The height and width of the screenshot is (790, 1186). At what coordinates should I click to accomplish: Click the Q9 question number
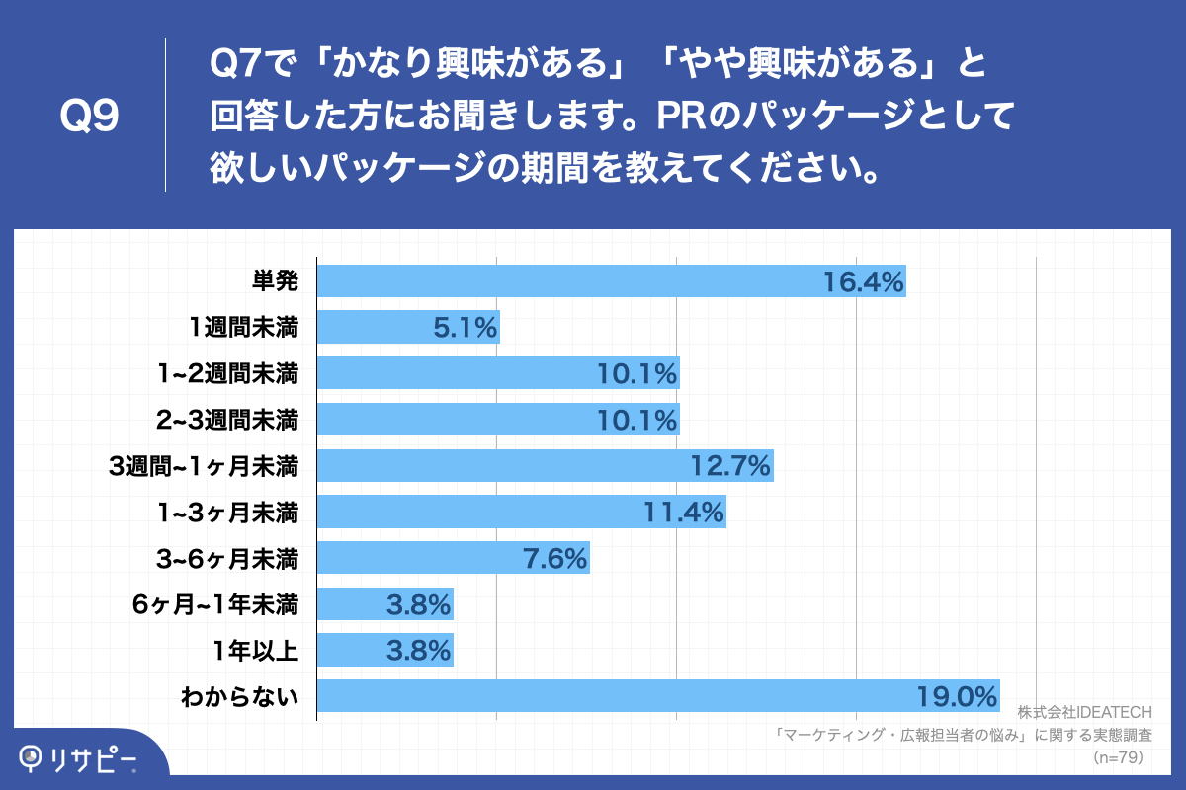click(x=90, y=117)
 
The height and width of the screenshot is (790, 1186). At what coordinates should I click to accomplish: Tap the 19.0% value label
click(x=957, y=697)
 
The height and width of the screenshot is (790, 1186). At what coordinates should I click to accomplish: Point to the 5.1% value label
click(x=465, y=327)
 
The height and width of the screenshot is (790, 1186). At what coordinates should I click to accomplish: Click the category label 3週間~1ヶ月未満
click(x=204, y=466)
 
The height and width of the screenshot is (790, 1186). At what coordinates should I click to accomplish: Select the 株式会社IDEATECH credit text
click(x=1084, y=712)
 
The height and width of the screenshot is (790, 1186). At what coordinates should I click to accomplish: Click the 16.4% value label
click(x=864, y=282)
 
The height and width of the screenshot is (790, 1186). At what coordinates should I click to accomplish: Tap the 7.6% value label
click(x=554, y=559)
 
